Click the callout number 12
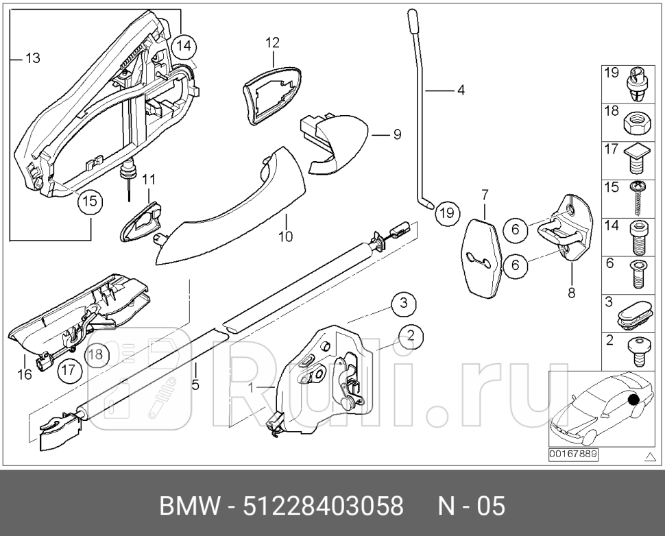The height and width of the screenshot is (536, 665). coord(272,43)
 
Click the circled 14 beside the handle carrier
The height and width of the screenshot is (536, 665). coord(183,47)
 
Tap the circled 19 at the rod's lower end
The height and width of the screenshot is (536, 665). coord(446,213)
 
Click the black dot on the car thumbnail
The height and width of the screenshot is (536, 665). coord(633,400)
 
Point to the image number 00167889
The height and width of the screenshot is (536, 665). coord(572,454)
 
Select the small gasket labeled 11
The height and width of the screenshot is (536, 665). coord(143,220)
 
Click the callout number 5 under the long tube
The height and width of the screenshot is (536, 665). coord(195,385)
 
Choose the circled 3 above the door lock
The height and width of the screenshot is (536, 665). coord(404,302)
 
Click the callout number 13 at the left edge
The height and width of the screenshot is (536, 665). coord(32,59)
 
